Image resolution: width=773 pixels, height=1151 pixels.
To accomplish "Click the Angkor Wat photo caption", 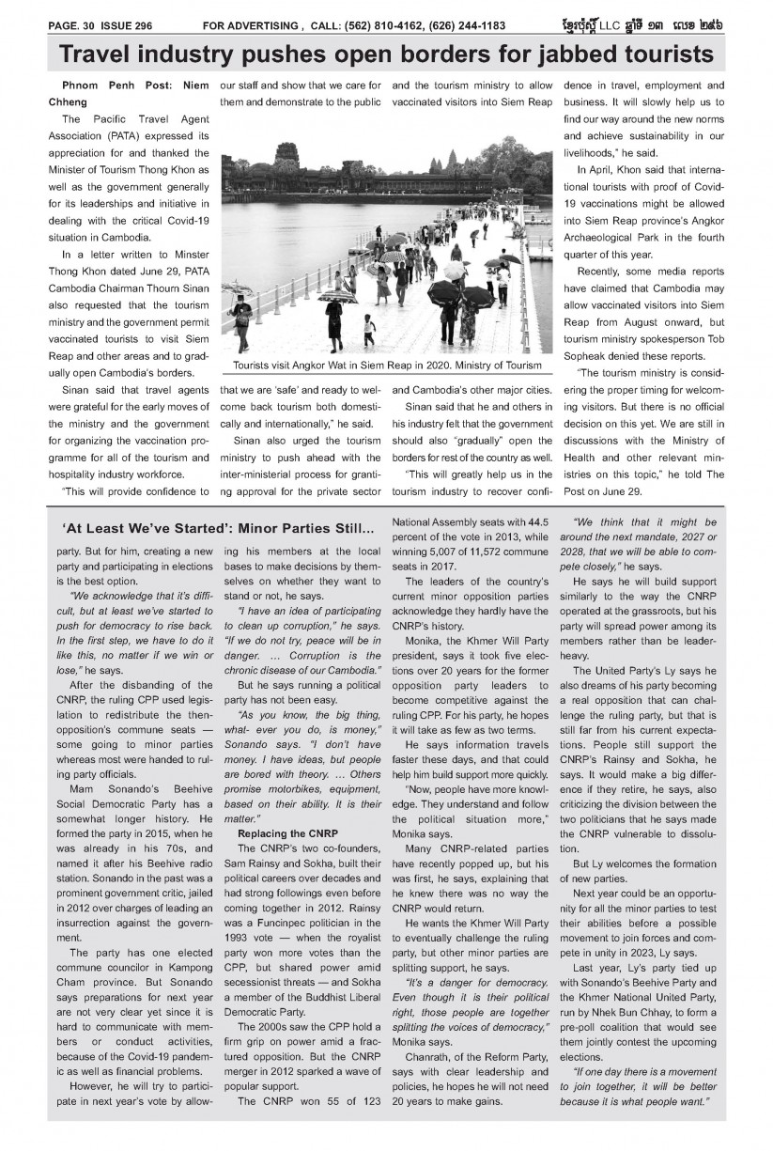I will tap(381, 365).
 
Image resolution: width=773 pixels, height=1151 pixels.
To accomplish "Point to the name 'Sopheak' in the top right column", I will tap(586, 357).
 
